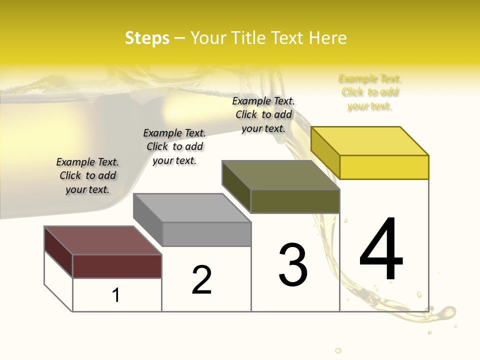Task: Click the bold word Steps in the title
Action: [147, 38]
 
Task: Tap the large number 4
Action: [381, 249]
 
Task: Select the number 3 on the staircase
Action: [293, 265]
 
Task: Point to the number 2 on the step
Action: [202, 280]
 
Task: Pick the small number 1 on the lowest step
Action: [116, 295]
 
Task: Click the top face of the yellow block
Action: [370, 141]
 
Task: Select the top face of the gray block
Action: [192, 208]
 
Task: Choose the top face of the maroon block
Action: [103, 240]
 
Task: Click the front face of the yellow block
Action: [384, 167]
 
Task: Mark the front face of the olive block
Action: [295, 201]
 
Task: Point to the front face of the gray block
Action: [206, 234]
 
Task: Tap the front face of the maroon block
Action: [117, 266]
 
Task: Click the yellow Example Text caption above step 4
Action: [370, 92]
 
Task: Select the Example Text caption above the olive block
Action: [263, 114]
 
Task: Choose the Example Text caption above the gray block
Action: [174, 146]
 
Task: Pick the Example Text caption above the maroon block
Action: [87, 175]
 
